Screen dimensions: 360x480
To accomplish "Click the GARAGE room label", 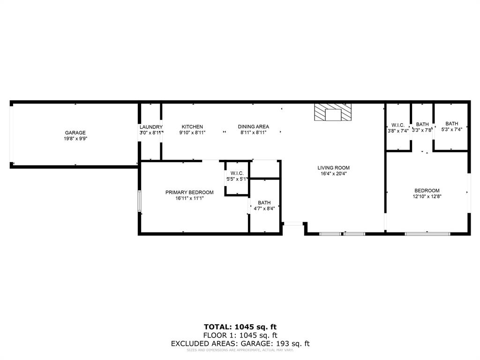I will (x=75, y=133).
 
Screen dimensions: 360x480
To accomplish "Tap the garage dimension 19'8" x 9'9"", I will (x=75, y=139).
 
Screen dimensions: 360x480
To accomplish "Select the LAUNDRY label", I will (x=151, y=127).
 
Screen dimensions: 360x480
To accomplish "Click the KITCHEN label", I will (x=192, y=127).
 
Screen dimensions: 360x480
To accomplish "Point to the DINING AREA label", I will (x=253, y=127).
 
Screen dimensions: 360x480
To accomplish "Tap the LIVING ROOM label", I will (x=333, y=168).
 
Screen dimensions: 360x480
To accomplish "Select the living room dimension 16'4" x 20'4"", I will (x=333, y=173).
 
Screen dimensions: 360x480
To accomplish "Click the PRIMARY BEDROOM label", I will (x=189, y=192).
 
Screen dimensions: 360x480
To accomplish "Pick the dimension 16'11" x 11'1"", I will (x=189, y=198).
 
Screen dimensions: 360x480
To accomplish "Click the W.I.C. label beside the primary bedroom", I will (x=237, y=173).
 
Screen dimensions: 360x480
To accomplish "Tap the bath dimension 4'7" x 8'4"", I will (x=264, y=209).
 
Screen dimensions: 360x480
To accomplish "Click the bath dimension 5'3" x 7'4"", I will (x=452, y=130).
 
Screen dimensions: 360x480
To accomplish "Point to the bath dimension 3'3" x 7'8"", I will (x=422, y=130).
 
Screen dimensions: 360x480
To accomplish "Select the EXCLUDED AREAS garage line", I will (x=240, y=344).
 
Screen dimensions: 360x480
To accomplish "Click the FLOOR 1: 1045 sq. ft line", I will (x=240, y=335).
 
